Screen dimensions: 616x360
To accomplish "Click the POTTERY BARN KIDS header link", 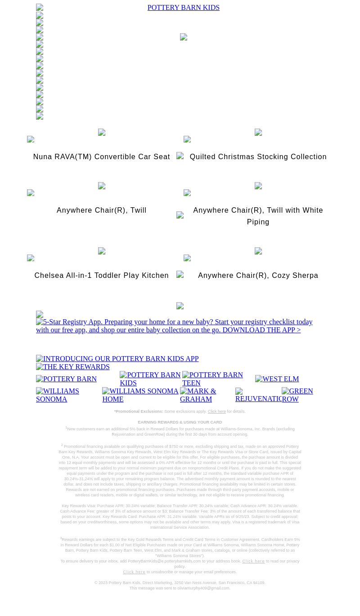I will point(183,8).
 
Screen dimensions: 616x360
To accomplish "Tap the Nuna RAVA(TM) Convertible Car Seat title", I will point(101,157).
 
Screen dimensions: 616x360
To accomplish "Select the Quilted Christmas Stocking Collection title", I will point(258,157).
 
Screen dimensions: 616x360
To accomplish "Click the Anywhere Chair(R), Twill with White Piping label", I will point(258,216).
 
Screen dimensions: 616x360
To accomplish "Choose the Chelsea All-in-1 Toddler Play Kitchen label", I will point(101,276).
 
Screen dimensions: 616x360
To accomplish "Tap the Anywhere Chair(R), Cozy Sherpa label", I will point(258,276).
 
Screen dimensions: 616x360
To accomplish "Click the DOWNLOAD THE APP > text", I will point(261,330).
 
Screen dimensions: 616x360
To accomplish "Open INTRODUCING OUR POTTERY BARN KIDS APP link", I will point(117,359).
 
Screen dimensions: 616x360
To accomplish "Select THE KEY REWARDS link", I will point(73,367).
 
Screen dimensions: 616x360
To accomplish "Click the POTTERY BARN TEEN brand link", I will point(212,379).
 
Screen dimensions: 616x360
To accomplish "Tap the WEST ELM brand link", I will point(277,379).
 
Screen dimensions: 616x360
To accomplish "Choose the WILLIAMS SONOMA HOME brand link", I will point(140,395).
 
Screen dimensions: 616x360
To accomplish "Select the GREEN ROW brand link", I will point(297,395).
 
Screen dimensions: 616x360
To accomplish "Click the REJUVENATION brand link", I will point(258,395).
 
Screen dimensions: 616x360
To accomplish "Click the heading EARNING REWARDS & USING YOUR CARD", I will point(180,422).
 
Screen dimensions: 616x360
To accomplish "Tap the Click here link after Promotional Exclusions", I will point(216,411).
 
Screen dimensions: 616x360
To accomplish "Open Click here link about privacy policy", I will point(253,561).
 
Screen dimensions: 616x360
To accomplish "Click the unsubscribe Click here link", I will point(134,572).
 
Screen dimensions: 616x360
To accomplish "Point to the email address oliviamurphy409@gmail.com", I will point(203,588).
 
